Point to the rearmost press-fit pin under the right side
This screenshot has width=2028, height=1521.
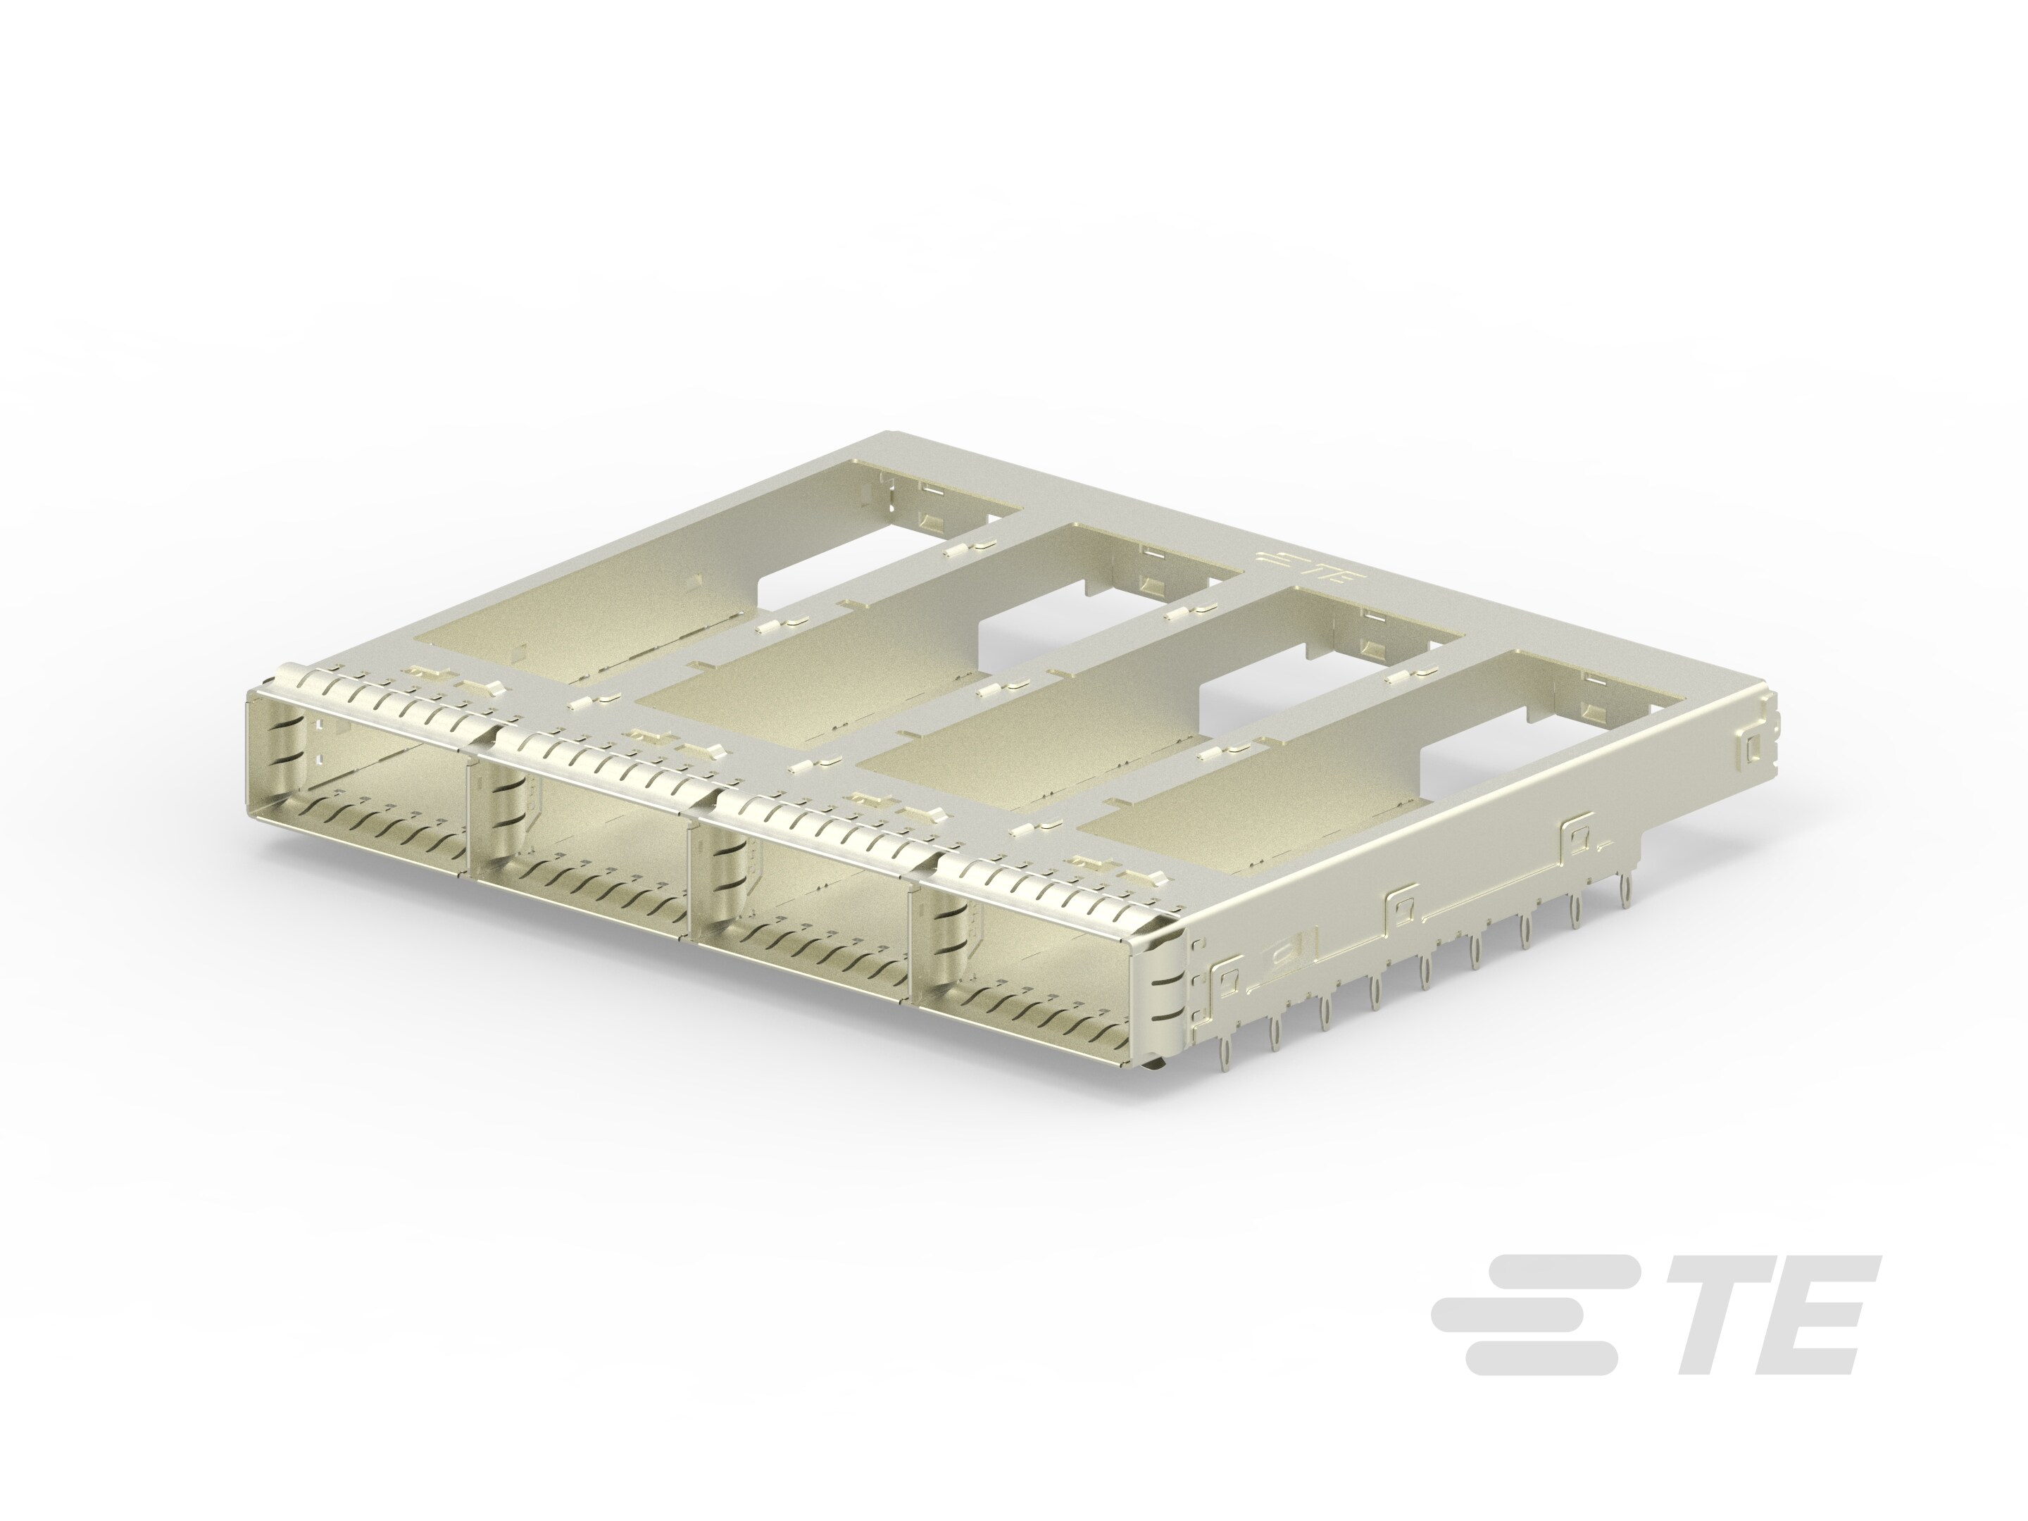[1625, 887]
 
